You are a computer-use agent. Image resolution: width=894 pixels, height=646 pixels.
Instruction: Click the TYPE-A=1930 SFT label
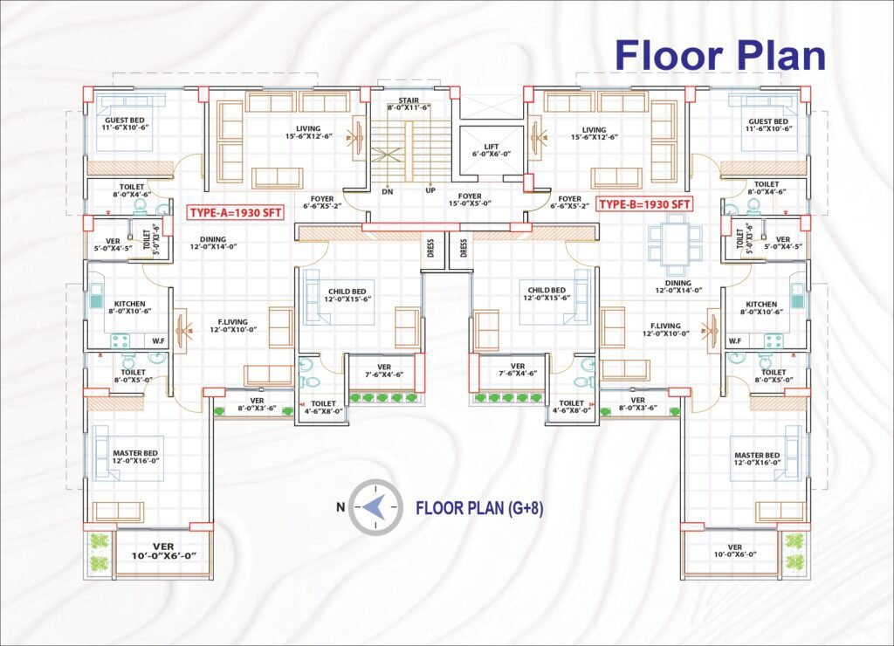tap(236, 213)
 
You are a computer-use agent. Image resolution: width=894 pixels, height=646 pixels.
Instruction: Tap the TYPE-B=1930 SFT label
tap(645, 204)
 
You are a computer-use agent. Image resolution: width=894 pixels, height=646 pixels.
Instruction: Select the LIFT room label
tap(491, 150)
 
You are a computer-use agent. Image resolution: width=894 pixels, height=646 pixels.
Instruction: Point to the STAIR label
tap(409, 104)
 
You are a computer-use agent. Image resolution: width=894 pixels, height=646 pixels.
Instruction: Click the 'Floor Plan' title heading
tap(720, 55)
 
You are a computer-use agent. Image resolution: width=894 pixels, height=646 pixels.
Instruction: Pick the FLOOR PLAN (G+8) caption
tap(479, 508)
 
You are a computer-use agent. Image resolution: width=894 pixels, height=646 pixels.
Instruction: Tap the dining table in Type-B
tap(676, 244)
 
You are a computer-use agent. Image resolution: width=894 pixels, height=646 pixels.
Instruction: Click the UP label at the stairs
tap(430, 190)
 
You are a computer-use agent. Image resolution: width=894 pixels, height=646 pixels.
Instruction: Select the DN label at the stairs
tap(388, 191)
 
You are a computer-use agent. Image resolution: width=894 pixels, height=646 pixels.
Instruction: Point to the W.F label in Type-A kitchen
tap(158, 341)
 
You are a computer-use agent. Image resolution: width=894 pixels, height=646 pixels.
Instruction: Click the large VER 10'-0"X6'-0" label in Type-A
tap(163, 552)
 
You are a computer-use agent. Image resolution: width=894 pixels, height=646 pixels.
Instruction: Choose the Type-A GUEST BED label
tap(124, 124)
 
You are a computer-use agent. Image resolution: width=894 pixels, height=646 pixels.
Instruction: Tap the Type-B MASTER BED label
tap(757, 459)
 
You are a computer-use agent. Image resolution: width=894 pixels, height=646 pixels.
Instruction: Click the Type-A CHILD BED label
tap(347, 295)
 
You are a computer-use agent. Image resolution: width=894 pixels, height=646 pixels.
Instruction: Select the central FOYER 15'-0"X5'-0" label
tap(470, 200)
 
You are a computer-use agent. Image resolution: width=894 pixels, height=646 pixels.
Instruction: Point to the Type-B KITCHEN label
tap(761, 308)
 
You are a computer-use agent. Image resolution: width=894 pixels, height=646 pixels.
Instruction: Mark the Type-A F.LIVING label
tap(233, 326)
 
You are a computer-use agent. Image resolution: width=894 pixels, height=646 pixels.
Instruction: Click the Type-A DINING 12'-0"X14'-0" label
tap(213, 244)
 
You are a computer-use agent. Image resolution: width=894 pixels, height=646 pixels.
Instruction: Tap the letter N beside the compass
tap(340, 507)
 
